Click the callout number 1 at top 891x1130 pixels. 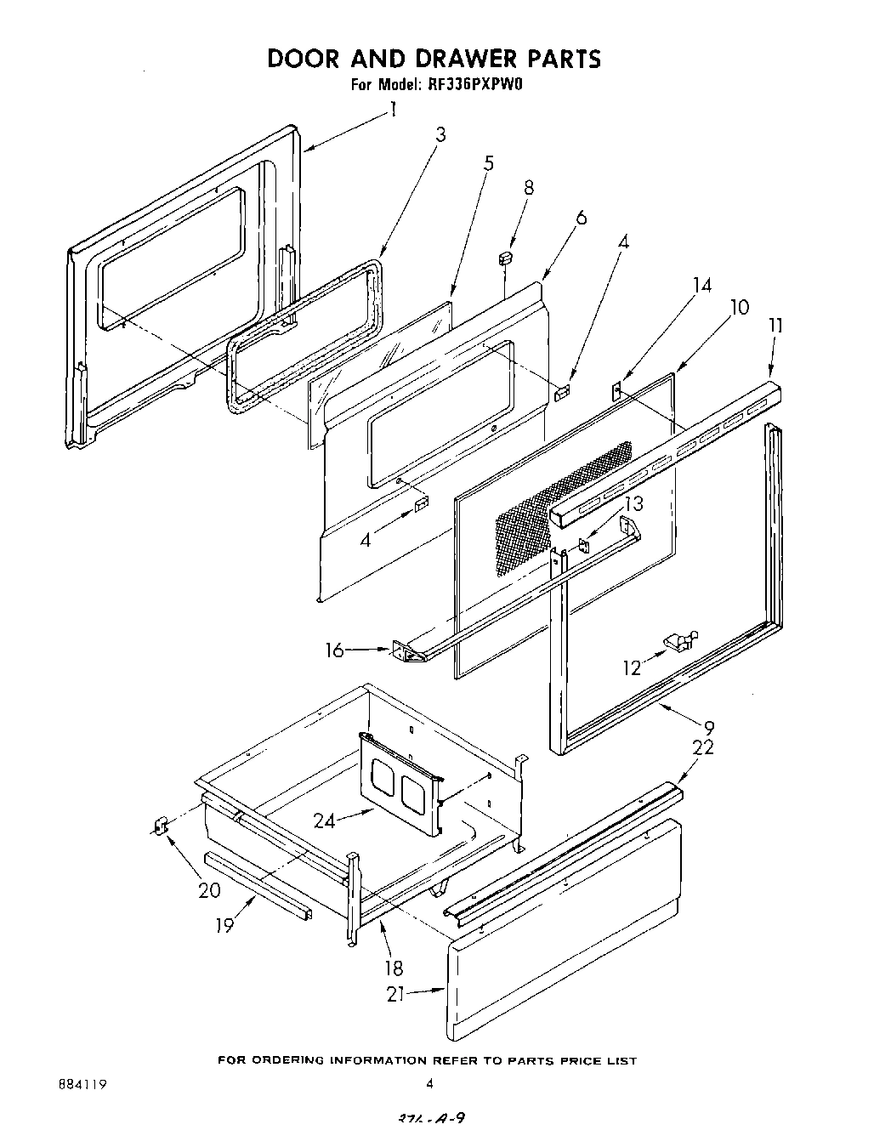393,109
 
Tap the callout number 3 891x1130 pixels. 440,134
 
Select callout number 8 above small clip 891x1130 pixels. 529,188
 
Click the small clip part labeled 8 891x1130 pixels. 506,256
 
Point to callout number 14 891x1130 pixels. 701,285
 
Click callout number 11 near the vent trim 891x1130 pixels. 775,325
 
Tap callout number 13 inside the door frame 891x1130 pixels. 634,503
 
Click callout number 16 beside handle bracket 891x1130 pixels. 335,650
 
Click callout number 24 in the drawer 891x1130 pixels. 324,821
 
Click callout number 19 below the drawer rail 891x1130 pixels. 224,924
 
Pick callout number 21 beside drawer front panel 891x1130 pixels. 395,993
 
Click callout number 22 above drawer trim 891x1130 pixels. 703,747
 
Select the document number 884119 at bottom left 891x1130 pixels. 83,1082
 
